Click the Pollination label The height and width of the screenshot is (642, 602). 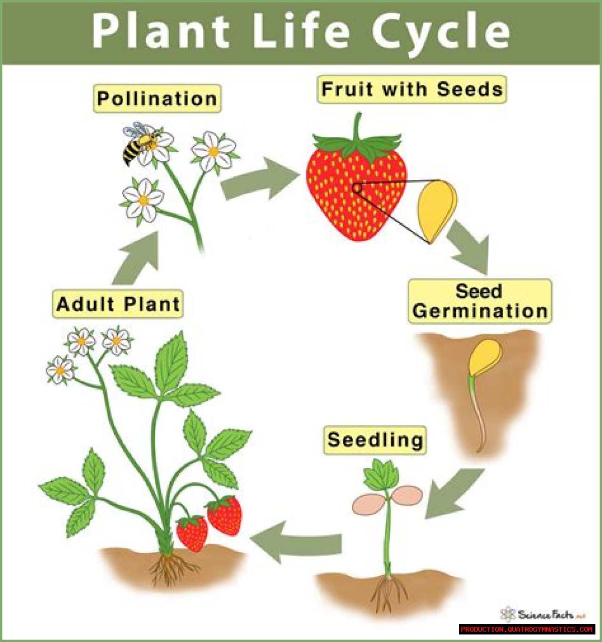pos(157,99)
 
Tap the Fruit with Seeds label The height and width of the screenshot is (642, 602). pos(412,90)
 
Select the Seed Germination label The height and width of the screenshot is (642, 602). pos(480,301)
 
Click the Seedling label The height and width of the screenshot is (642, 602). pos(375,440)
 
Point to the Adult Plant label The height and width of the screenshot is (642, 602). pos(118,304)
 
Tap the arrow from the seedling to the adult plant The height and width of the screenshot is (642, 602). pos(295,542)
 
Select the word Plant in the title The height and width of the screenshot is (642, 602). pos(161,31)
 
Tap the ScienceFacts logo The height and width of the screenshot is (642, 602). pos(543,614)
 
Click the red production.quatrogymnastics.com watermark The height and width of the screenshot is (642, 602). pos(527,629)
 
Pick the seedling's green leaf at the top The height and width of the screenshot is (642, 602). pos(381,475)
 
